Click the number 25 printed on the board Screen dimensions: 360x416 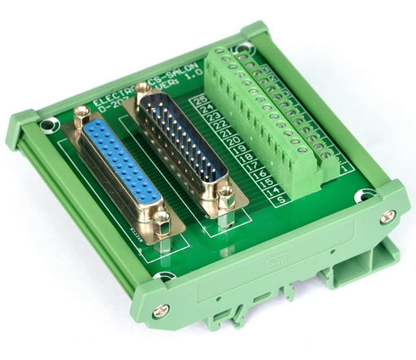[201, 101]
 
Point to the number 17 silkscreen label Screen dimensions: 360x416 [252, 163]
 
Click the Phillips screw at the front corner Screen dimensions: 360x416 [162, 311]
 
